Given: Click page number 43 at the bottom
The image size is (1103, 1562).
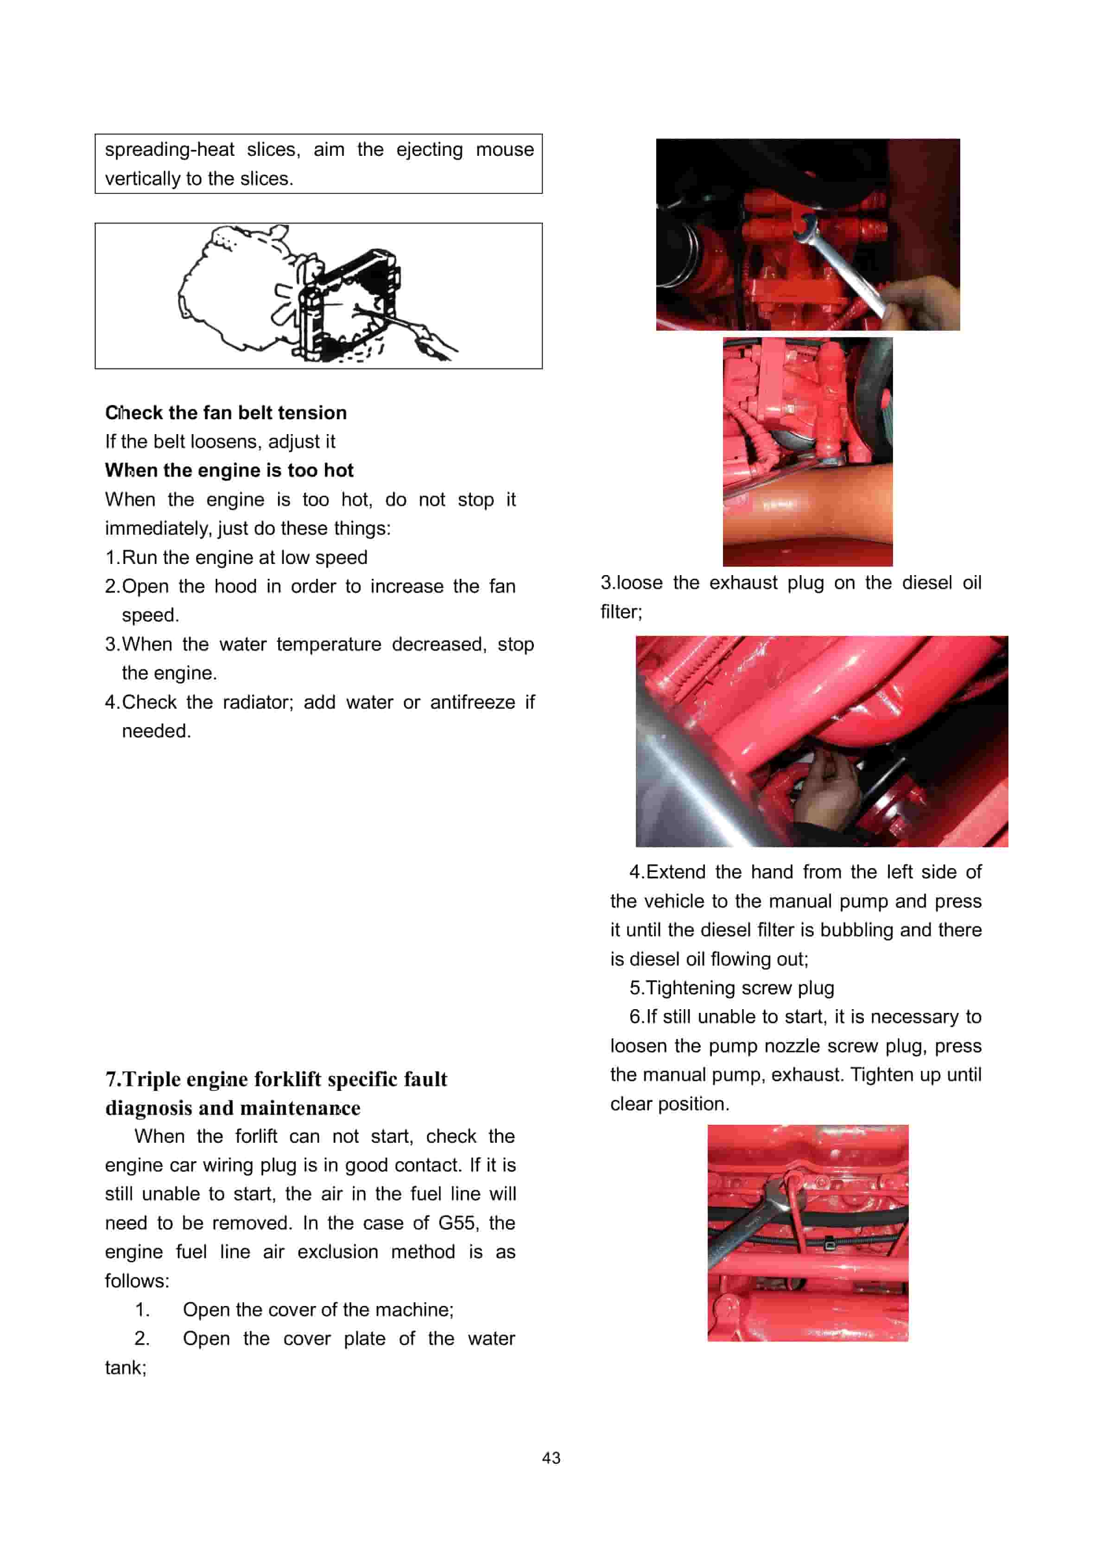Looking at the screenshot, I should (551, 1458).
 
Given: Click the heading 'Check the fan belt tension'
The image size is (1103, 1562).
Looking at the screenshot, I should (226, 413).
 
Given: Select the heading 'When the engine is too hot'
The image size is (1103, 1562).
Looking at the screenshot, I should (229, 471).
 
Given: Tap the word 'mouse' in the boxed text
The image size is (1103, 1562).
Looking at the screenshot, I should (505, 150).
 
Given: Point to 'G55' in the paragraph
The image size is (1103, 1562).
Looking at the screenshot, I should (456, 1223).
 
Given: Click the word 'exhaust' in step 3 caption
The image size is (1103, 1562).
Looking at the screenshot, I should (742, 583).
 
